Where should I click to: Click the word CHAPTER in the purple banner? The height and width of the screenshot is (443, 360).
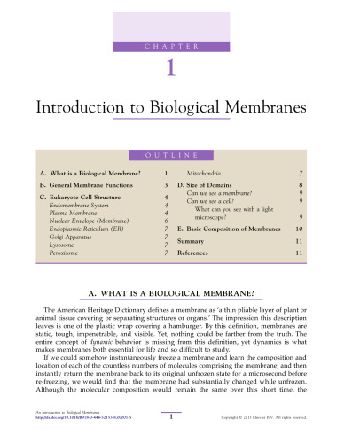pos(180,44)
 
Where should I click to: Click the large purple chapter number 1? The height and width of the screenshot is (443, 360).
pos(180,68)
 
